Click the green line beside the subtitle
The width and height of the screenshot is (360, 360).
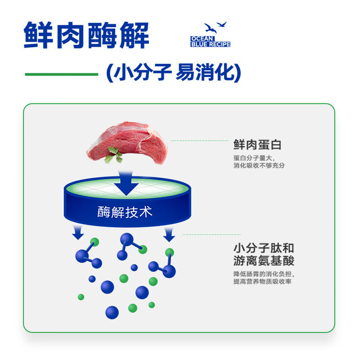(61, 74)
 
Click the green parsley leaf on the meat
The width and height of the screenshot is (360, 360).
(114, 156)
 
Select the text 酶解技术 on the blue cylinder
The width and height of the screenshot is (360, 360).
(125, 211)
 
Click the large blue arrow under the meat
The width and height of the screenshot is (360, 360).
(126, 182)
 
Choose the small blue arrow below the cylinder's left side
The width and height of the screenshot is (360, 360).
(78, 232)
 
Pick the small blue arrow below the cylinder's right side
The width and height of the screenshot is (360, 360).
(169, 234)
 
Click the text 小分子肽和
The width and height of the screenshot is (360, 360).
(264, 248)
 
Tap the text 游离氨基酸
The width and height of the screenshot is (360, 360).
(264, 261)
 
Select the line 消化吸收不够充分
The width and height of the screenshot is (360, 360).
(259, 165)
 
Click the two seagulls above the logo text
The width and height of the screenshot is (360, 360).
(215, 27)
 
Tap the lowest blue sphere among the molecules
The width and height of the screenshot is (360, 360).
(112, 312)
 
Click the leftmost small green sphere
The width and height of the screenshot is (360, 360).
(81, 297)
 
